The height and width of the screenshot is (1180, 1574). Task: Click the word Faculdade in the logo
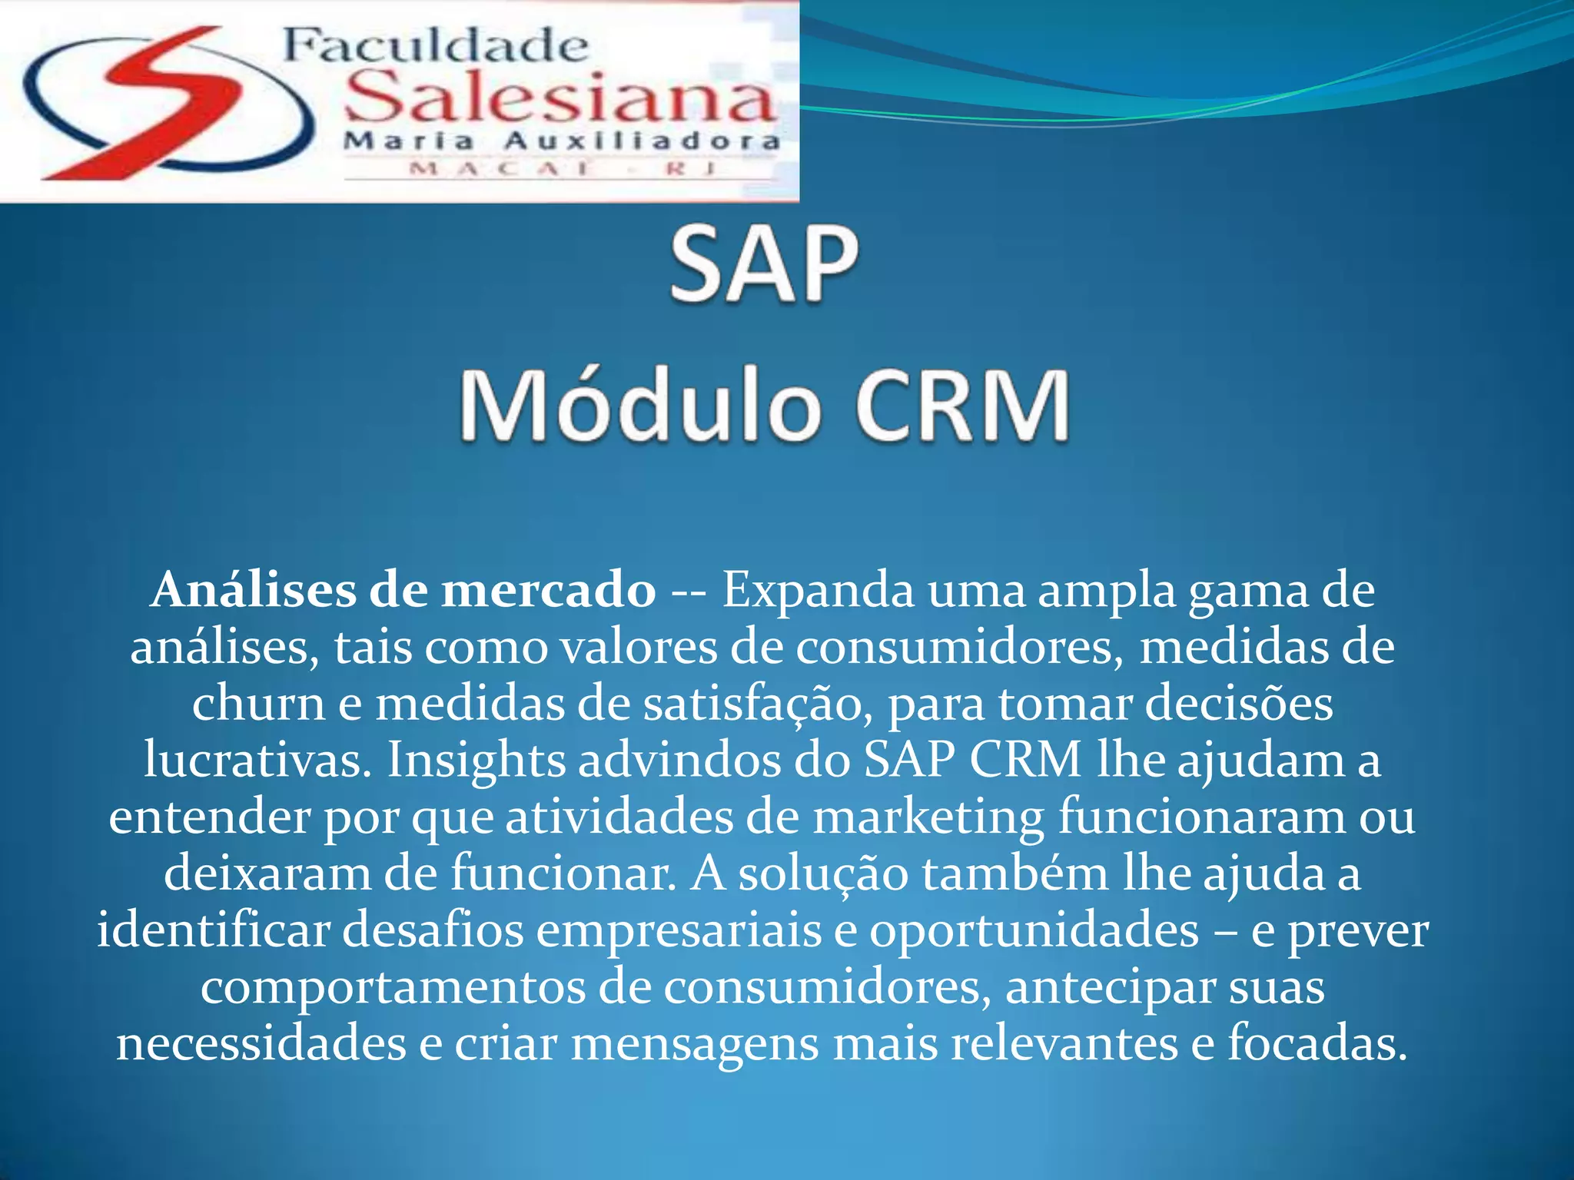(x=435, y=48)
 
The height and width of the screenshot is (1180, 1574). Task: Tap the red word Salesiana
(x=560, y=98)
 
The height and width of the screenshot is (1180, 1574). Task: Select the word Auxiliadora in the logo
(x=642, y=142)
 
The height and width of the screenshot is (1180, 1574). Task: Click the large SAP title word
(x=764, y=265)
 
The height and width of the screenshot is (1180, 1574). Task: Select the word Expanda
(x=819, y=592)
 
